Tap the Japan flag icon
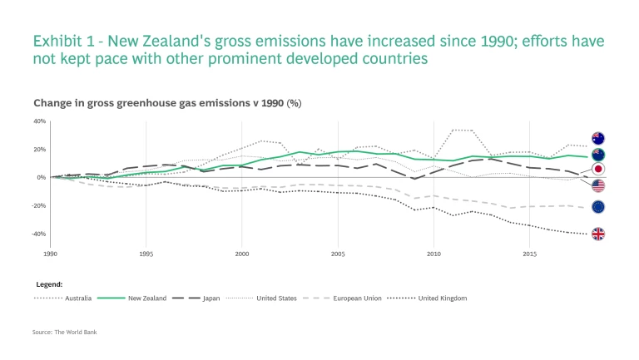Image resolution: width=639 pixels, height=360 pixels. [597, 170]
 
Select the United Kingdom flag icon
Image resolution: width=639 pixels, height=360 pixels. [597, 234]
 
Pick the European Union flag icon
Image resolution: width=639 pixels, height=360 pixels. [597, 207]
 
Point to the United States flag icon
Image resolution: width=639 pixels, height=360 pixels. [597, 185]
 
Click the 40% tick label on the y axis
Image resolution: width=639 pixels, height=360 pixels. [39, 121]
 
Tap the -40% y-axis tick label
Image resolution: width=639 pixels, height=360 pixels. [38, 234]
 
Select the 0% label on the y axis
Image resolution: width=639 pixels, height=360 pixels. [41, 177]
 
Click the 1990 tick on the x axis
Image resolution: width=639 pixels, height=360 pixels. [51, 254]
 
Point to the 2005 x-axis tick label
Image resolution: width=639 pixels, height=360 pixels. [338, 254]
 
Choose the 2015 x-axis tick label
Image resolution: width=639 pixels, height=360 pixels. [529, 254]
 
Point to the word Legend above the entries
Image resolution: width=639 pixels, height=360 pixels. [48, 284]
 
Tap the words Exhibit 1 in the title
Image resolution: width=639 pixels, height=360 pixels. [62, 41]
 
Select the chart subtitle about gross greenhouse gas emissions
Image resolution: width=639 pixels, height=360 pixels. [166, 103]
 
